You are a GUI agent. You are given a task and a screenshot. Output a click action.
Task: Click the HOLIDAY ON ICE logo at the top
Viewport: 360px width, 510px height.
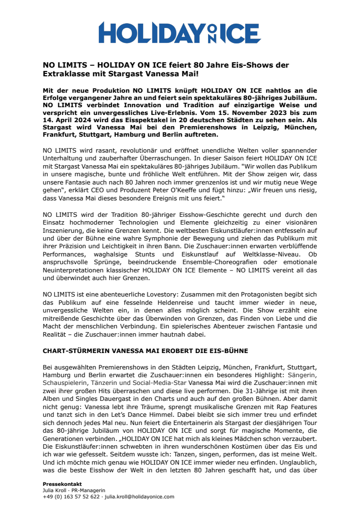[x=180, y=32]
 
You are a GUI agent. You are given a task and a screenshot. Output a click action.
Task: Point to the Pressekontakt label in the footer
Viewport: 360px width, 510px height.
[x=62, y=484]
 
